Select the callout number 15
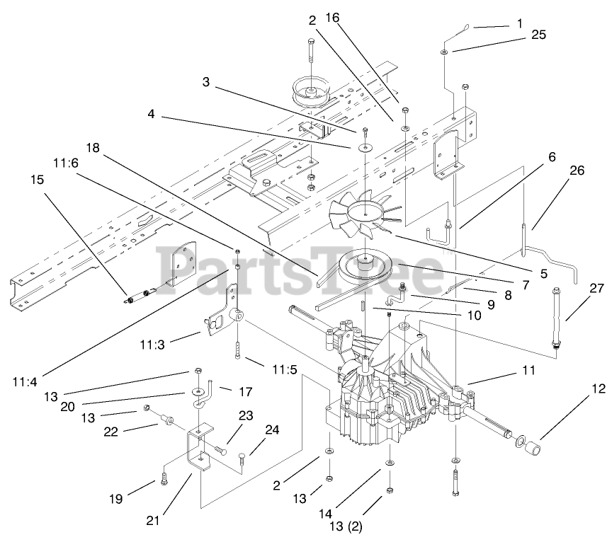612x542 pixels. point(36,180)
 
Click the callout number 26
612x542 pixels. point(577,170)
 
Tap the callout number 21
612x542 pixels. point(152,520)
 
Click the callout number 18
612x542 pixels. point(93,147)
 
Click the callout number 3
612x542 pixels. point(205,82)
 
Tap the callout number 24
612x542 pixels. point(272,429)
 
